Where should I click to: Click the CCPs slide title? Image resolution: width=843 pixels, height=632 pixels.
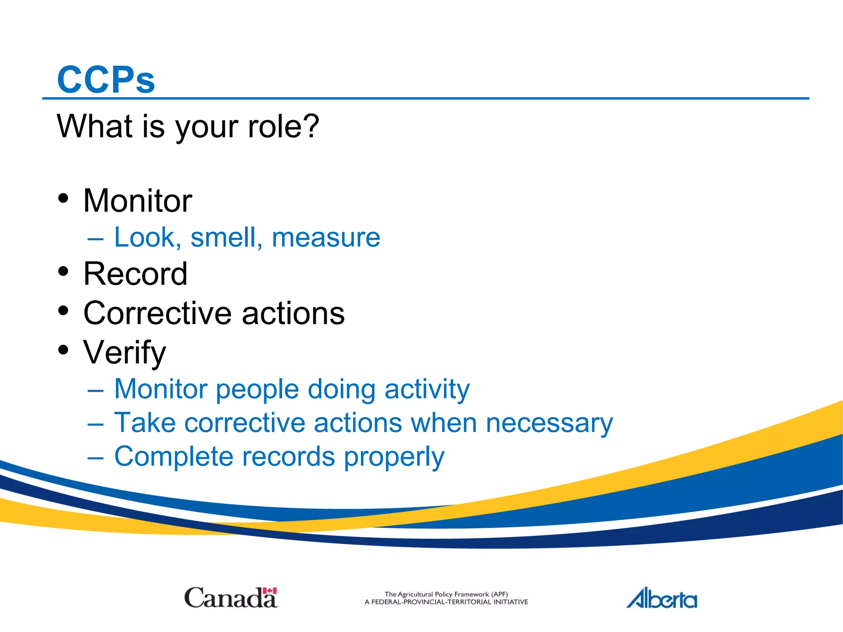coord(106,79)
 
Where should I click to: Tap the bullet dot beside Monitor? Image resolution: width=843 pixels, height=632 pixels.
coord(63,198)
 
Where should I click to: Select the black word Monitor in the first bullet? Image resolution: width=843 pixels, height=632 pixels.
coord(137,201)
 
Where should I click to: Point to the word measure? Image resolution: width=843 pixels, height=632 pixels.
coord(326,237)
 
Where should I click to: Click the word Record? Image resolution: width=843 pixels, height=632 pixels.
coord(135,274)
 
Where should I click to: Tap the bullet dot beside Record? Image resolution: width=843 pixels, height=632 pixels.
coord(63,271)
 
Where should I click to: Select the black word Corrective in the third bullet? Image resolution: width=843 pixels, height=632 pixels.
coord(158,313)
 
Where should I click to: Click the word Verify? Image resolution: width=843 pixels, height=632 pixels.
coord(124,353)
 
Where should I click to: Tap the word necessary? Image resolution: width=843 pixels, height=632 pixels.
coord(550,423)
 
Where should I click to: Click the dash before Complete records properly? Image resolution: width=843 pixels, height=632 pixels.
coord(95,457)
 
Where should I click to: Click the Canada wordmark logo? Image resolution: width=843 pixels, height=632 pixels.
coord(231,598)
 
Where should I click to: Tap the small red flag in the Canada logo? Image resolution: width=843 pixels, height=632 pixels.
coord(270,591)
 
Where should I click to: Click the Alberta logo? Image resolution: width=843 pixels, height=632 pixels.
coord(661,598)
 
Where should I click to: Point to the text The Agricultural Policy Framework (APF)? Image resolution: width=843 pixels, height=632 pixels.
coord(446,594)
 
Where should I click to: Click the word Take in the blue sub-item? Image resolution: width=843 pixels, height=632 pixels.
coord(144,423)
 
